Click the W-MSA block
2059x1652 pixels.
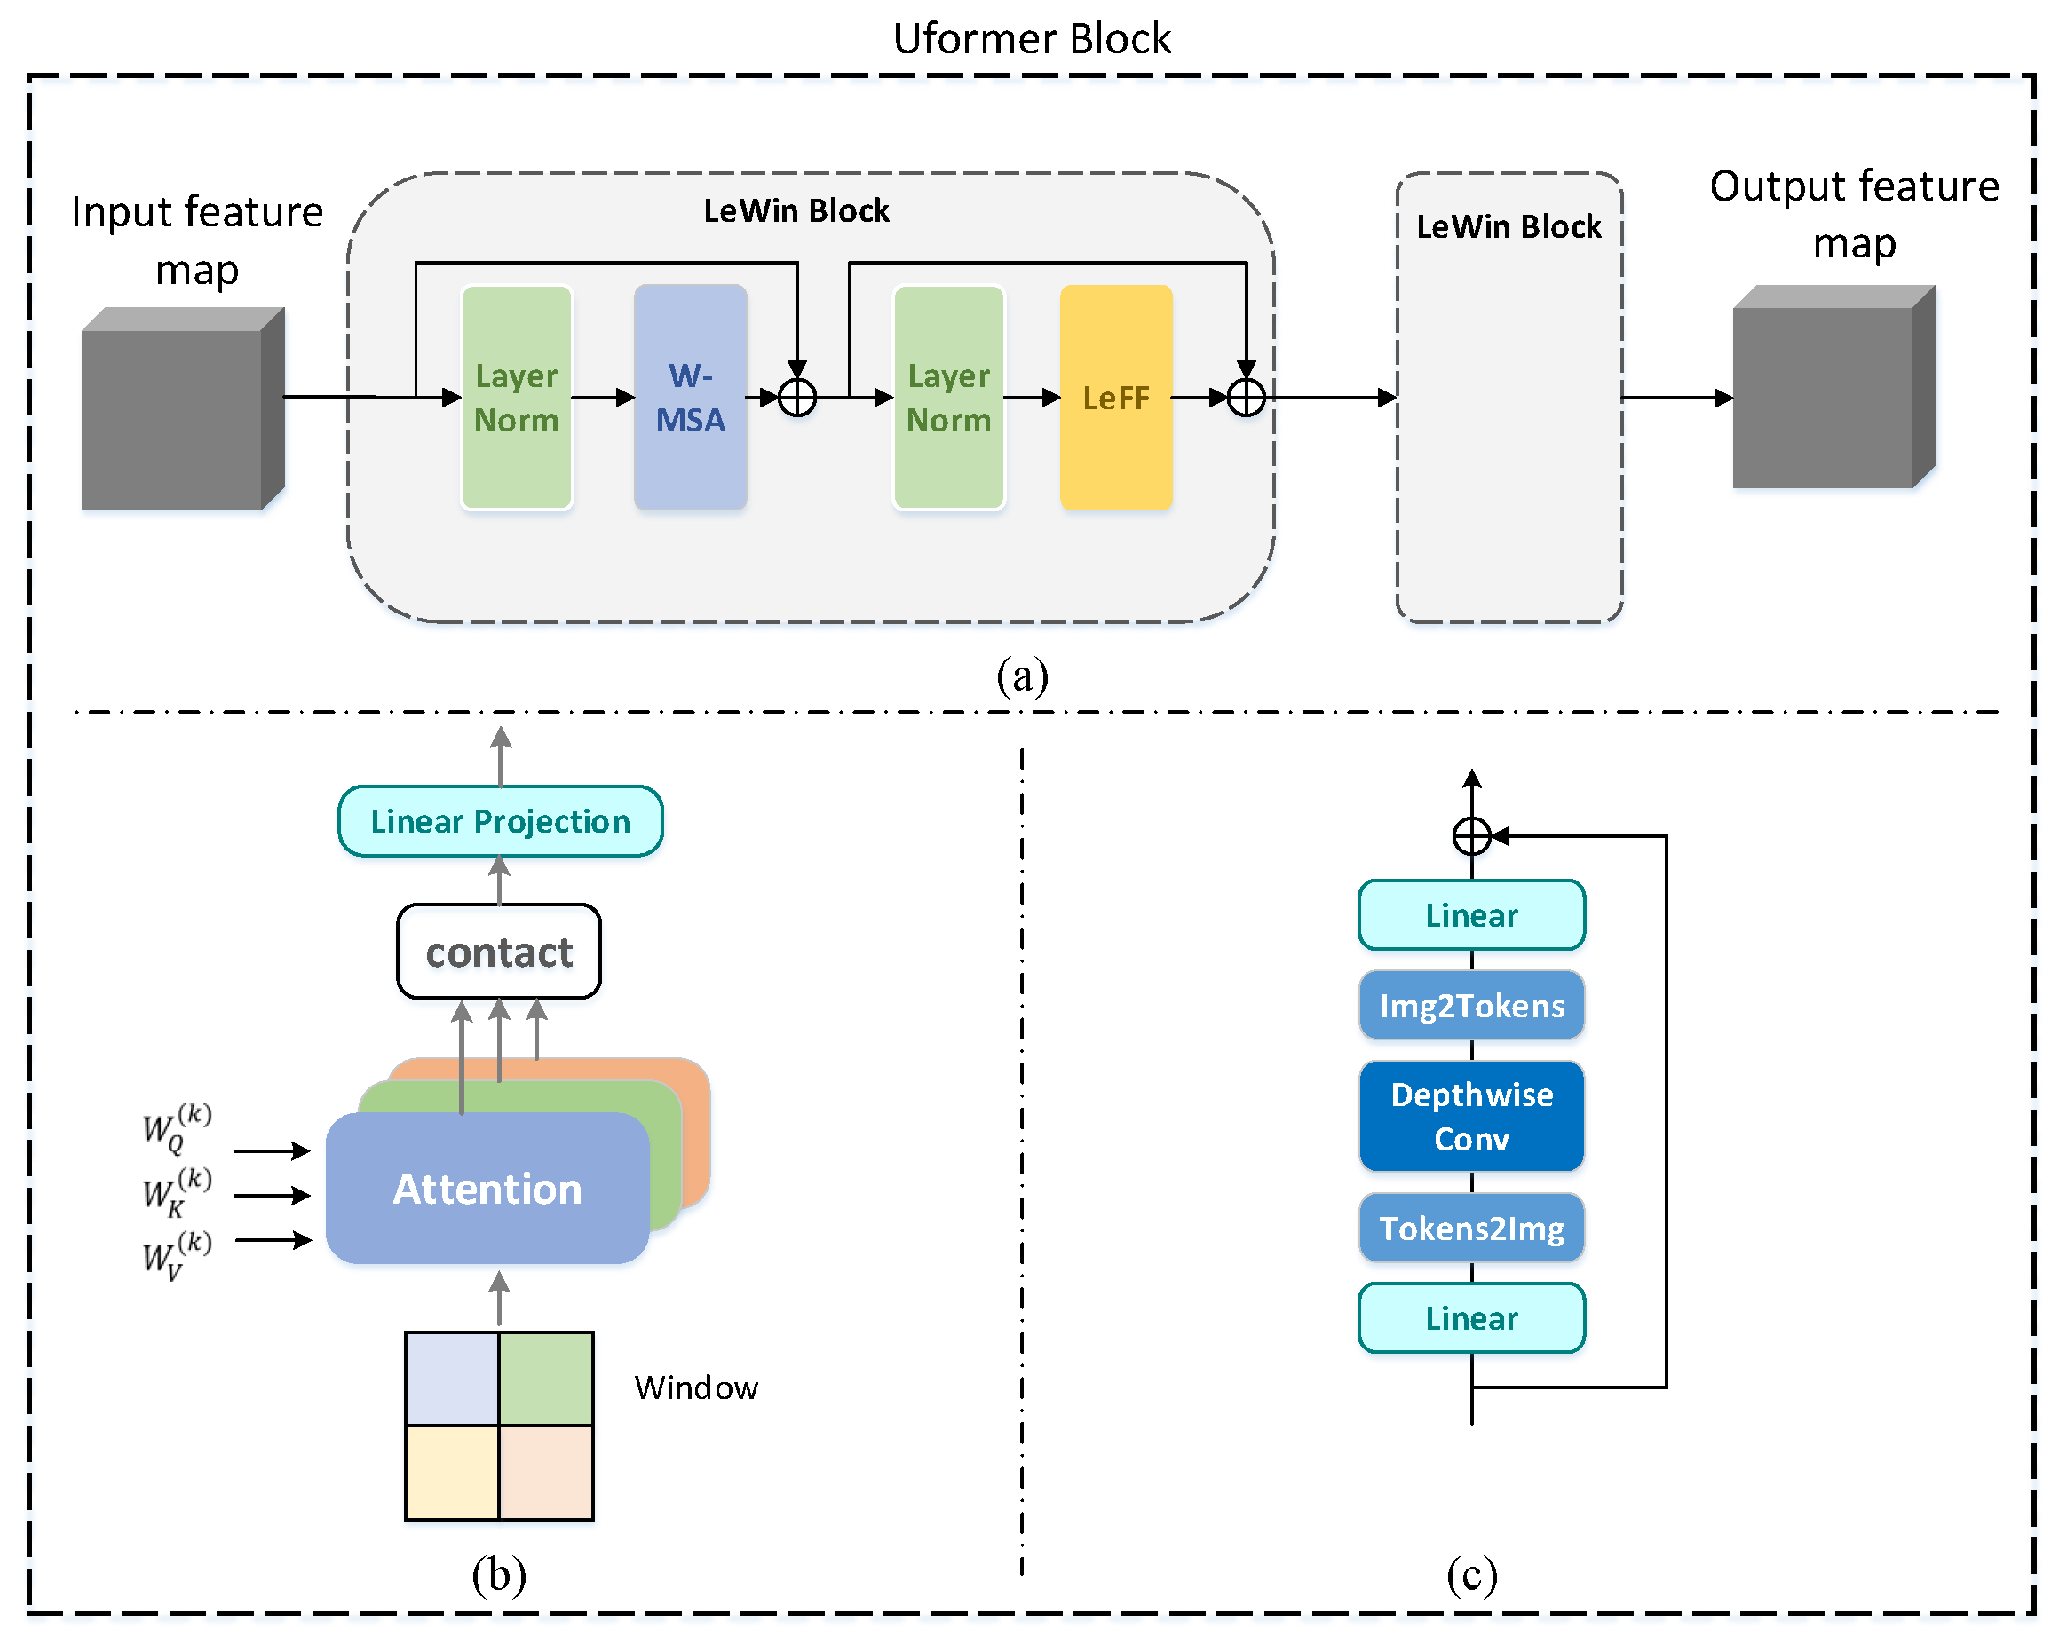coord(691,398)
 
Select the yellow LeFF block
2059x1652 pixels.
coord(1115,398)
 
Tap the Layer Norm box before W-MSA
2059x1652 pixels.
coord(517,398)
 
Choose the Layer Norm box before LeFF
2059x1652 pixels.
coord(948,398)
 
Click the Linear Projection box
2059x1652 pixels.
coord(501,821)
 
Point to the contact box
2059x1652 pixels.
coord(498,952)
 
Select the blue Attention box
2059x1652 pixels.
coord(487,1189)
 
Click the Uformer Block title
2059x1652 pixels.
coord(1031,39)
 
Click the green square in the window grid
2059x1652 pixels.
coord(546,1379)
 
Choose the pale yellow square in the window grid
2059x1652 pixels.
coord(452,1473)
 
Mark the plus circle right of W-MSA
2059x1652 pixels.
coord(796,398)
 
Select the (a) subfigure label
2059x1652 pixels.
coord(1022,676)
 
